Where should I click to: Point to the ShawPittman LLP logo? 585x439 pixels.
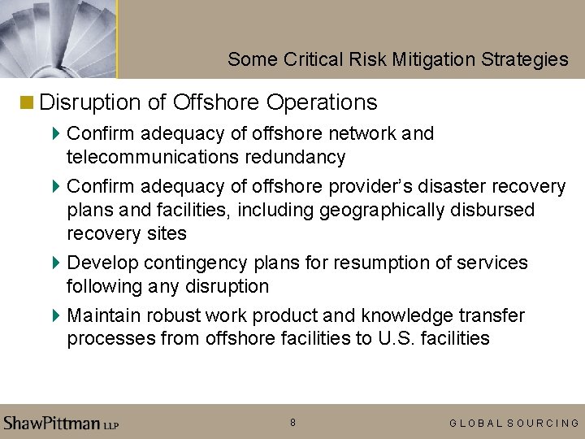pyautogui.click(x=62, y=423)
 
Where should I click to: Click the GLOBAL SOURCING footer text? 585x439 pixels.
pyautogui.click(x=514, y=423)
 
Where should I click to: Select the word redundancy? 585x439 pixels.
pyautogui.click(x=296, y=157)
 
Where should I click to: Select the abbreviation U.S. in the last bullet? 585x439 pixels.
pyautogui.click(x=396, y=338)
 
